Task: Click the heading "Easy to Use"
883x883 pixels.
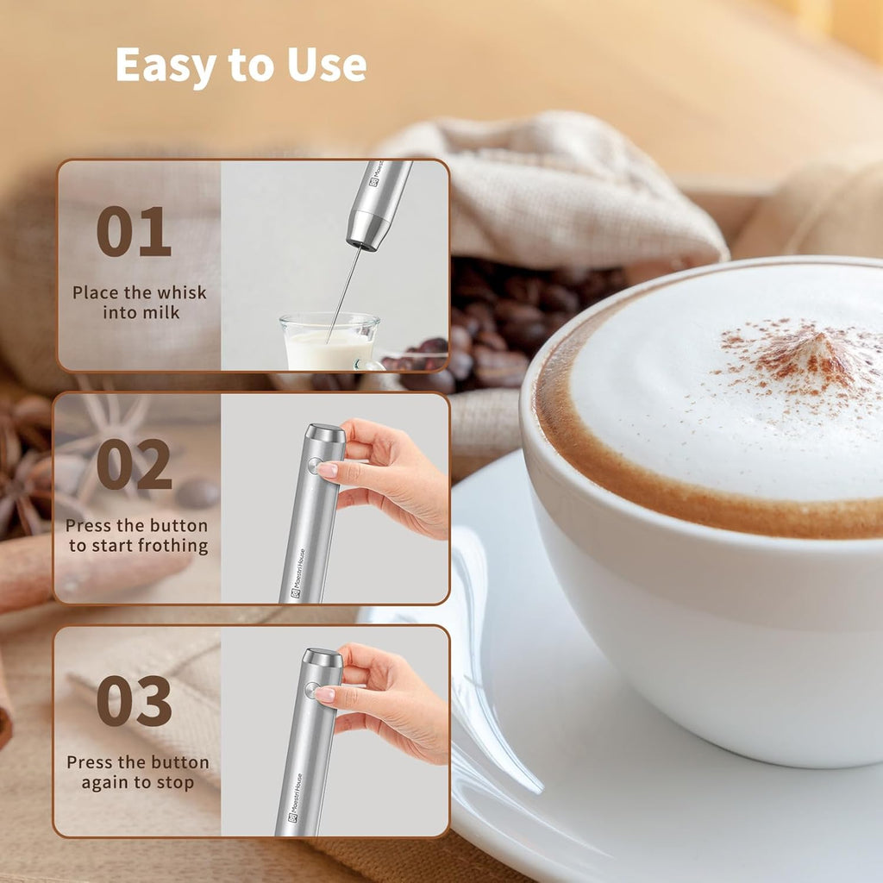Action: (x=241, y=66)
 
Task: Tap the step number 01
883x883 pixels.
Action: (x=134, y=232)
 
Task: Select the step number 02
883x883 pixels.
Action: (x=134, y=465)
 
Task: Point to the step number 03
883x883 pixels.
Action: (x=134, y=701)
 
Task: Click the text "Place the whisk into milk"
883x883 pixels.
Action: (x=140, y=302)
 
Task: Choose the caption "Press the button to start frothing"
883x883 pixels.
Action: (x=138, y=535)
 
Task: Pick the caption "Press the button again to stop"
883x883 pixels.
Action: (x=138, y=773)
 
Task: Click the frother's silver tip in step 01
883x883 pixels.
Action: (x=367, y=231)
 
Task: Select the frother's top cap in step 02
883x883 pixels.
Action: (x=326, y=433)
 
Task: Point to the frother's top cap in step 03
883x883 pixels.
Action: (x=323, y=658)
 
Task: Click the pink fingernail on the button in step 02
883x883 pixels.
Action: (x=327, y=470)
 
